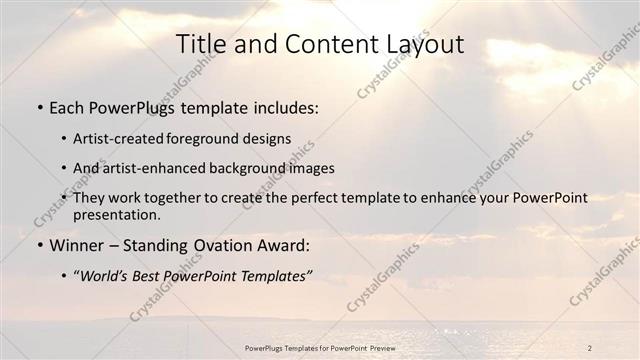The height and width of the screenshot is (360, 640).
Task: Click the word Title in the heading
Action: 200,44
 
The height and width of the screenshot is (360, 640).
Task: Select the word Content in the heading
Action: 319,44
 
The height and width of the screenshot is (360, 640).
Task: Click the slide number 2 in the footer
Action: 590,348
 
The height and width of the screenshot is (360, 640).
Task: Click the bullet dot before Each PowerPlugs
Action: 37,108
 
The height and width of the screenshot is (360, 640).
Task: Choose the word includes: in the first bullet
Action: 282,107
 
